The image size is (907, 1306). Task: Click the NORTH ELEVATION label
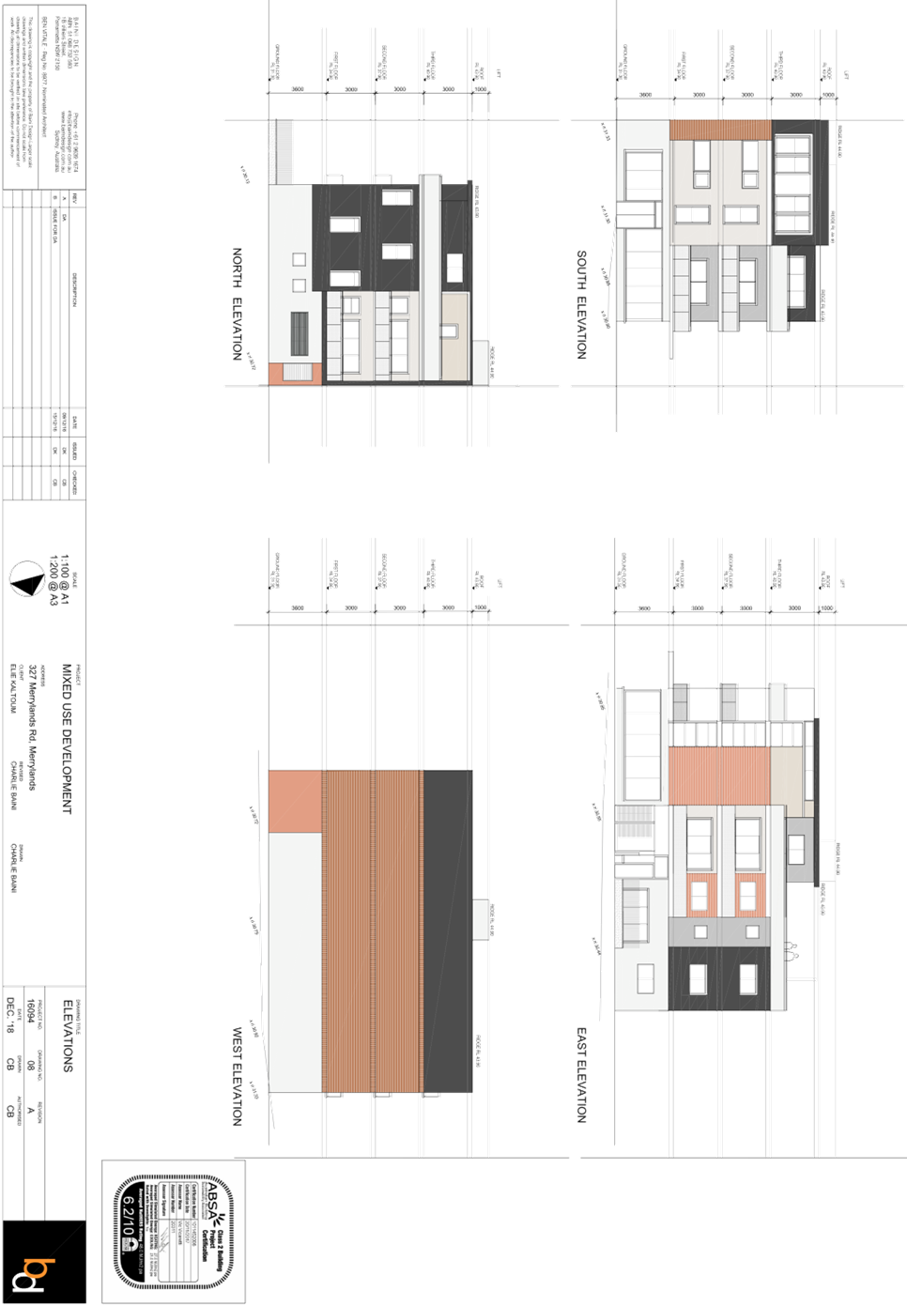pos(238,303)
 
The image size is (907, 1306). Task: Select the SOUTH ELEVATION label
pos(582,303)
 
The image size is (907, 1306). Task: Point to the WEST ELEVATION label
pos(238,1076)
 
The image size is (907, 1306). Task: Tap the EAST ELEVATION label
pos(582,1076)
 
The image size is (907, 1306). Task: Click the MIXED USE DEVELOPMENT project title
pos(67,738)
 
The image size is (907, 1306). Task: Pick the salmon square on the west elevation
pos(295,801)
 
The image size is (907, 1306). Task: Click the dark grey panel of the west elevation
pos(447,930)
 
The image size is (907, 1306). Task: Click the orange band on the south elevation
pos(720,130)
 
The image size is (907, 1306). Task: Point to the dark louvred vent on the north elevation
pos(299,334)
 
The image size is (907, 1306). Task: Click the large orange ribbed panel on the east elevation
pos(719,776)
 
